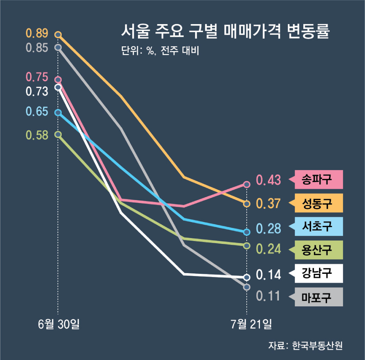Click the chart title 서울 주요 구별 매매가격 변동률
coord(225,31)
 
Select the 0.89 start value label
coord(37,34)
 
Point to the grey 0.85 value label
coord(37,48)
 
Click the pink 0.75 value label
coord(37,77)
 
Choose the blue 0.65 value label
coord(37,111)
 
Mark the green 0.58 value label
coord(37,135)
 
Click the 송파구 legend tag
coord(317,179)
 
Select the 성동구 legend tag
coord(317,203)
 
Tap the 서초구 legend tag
coord(317,226)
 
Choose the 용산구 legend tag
coord(317,250)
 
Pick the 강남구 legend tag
coord(317,273)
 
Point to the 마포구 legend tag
coord(317,297)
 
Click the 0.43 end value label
coord(268,180)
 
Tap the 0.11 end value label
coord(268,296)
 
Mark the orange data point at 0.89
coord(58,35)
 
